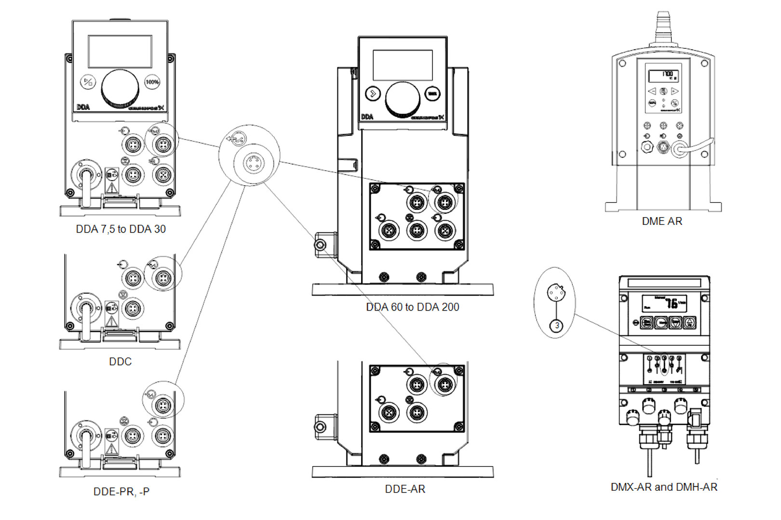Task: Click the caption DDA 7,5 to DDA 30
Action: [x=121, y=229]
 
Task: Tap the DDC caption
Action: [x=120, y=362]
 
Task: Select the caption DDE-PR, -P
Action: [x=121, y=492]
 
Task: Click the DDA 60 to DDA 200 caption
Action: [x=412, y=307]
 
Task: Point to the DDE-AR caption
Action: [x=405, y=489]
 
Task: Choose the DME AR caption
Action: [x=662, y=221]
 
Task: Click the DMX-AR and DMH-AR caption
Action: [x=664, y=487]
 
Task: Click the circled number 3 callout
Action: [x=557, y=326]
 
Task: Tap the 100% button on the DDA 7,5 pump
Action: [x=152, y=82]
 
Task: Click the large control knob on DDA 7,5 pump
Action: [x=120, y=88]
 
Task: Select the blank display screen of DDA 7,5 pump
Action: [x=120, y=52]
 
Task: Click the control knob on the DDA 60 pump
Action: [x=403, y=98]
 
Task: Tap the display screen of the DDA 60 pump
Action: [x=403, y=65]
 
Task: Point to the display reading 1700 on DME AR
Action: [x=663, y=76]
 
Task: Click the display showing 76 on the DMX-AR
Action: [x=664, y=303]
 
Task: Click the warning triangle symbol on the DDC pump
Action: [x=112, y=321]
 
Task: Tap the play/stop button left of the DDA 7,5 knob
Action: [x=88, y=82]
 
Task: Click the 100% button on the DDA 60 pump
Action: [x=432, y=94]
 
